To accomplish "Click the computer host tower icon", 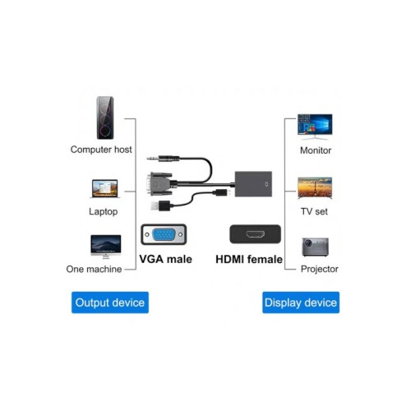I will point(104,118).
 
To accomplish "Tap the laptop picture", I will point(104,188).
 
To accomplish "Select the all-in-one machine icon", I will point(105,246).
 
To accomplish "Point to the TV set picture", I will point(315,188).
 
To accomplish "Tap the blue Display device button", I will point(301,302).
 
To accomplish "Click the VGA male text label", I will point(165,259).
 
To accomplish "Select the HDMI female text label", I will point(248,259).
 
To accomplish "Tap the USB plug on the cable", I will point(159,201).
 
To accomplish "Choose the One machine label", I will point(94,269).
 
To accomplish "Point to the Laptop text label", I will point(104,211).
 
